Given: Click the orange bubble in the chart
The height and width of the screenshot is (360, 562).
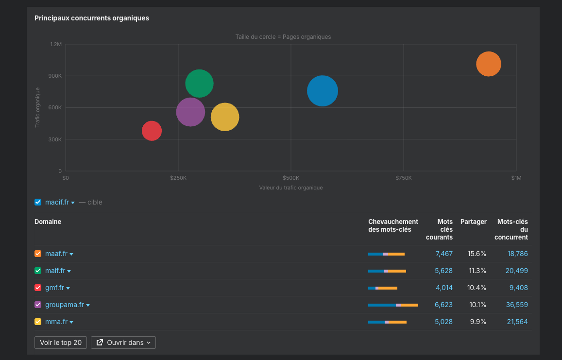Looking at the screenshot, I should tap(488, 64).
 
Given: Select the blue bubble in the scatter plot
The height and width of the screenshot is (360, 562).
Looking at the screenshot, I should tap(322, 91).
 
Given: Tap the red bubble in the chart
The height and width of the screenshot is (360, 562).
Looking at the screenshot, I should tap(152, 131).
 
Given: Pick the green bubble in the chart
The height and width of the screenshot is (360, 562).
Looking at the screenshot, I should tap(199, 84).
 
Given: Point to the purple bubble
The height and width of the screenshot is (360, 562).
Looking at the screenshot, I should tap(190, 112).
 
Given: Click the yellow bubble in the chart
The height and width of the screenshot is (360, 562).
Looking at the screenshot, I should tap(225, 117).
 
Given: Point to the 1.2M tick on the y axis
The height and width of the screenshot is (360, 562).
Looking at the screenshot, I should tap(56, 44).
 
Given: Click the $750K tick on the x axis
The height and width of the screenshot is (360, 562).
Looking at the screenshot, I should tap(403, 178).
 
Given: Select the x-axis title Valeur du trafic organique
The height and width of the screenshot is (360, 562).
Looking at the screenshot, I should tap(290, 188).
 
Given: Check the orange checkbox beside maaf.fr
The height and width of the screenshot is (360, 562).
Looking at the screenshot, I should tap(38, 254).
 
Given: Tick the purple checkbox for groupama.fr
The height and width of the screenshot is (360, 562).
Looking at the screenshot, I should tap(38, 305).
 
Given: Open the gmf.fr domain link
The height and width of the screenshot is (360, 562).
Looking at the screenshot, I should tap(54, 288).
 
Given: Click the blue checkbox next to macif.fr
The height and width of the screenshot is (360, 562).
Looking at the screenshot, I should tap(38, 202).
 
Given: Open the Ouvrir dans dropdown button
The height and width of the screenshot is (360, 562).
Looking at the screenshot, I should tap(123, 343).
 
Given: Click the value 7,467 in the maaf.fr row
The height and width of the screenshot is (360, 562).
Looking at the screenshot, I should tap(444, 254).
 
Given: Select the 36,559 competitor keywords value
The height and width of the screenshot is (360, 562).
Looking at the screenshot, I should tap(516, 305).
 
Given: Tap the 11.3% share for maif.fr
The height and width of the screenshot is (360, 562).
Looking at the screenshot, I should tap(477, 271).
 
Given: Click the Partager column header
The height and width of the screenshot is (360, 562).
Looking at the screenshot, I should tap(473, 222).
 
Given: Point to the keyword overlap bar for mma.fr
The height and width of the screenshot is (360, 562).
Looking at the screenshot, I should tap(387, 322).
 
